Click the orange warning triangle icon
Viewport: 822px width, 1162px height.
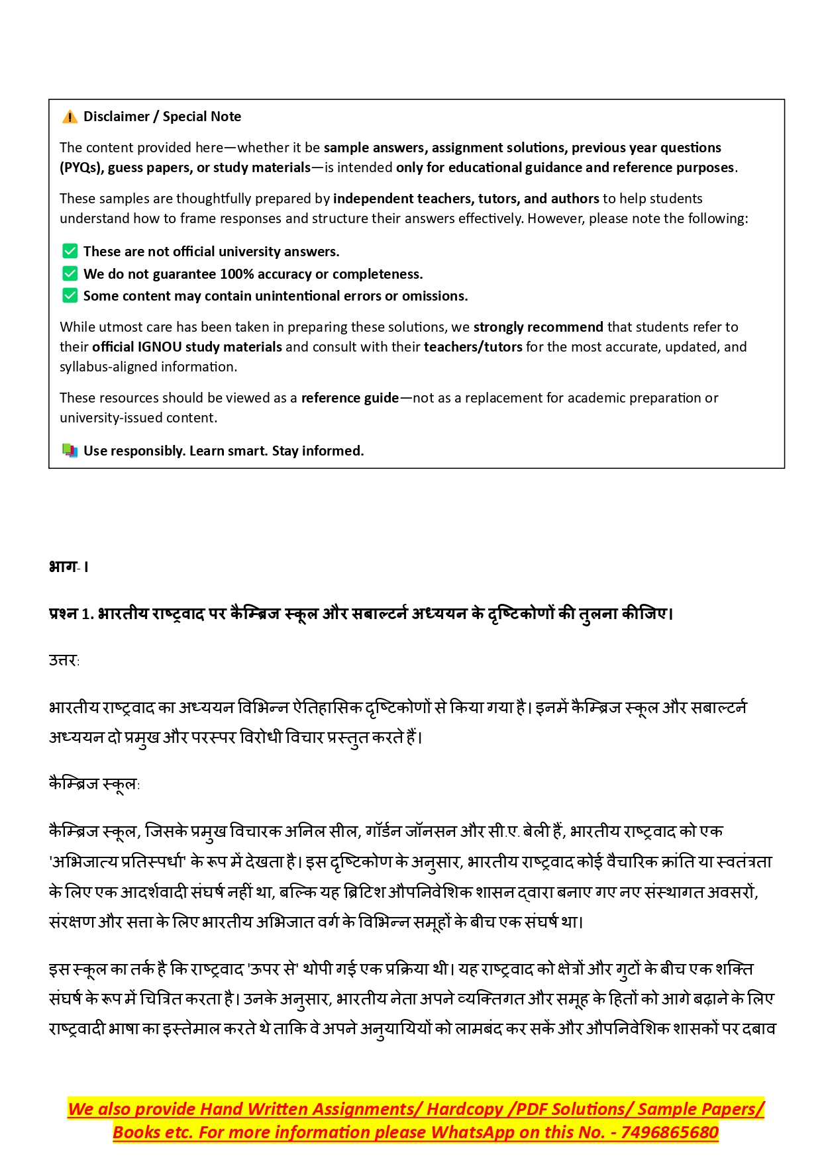pos(70,117)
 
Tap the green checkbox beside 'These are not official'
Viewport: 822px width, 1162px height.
pos(70,252)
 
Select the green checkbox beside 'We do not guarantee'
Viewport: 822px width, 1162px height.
pos(70,274)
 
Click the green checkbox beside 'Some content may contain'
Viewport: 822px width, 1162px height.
pos(70,296)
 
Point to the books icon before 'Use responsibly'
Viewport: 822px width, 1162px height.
pos(70,451)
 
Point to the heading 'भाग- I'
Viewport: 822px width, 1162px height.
pos(68,567)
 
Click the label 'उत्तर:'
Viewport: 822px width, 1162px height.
pos(64,660)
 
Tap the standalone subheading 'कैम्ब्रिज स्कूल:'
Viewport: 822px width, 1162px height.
pos(94,785)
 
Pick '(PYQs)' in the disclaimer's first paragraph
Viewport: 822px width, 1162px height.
pos(81,168)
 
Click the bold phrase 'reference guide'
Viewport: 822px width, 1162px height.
pos(350,398)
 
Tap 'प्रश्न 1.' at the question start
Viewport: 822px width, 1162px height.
pos(71,614)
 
